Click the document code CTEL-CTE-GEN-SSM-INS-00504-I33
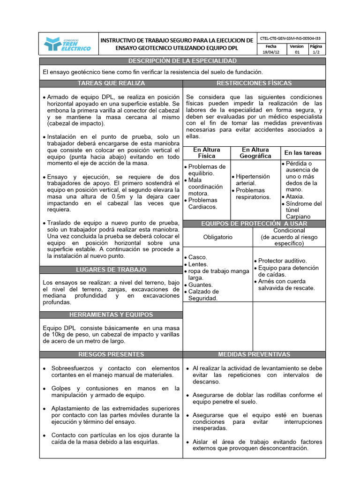(x=291, y=38)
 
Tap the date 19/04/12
(x=271, y=53)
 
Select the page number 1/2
(x=317, y=53)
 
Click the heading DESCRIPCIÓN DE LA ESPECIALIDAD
(x=182, y=61)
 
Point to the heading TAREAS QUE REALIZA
(x=111, y=83)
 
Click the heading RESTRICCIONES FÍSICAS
(x=254, y=83)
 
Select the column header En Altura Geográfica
(x=255, y=153)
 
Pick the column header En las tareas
(x=303, y=153)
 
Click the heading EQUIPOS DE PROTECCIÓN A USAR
(x=254, y=224)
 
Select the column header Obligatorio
(x=217, y=237)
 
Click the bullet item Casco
(x=197, y=257)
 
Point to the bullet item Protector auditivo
(x=282, y=261)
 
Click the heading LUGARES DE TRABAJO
(x=111, y=270)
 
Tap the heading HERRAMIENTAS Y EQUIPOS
(x=111, y=315)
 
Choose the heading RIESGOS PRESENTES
(x=111, y=354)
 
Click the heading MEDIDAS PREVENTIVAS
(x=254, y=354)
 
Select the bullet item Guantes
(x=200, y=285)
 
